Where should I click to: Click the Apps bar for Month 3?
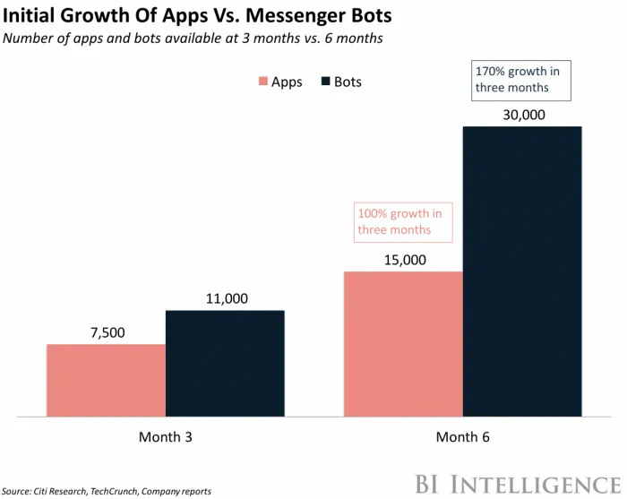106,381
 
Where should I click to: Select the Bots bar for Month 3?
225,364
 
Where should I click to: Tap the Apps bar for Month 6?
403,344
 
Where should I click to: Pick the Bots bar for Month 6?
522,271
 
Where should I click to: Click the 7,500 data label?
106,332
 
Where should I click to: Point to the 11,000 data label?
225,298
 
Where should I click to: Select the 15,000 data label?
403,260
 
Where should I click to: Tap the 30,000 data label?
522,115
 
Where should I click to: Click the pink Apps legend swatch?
262,82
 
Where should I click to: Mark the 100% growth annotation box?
402,221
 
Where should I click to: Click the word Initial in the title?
33,16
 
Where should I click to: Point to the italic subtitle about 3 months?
194,38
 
